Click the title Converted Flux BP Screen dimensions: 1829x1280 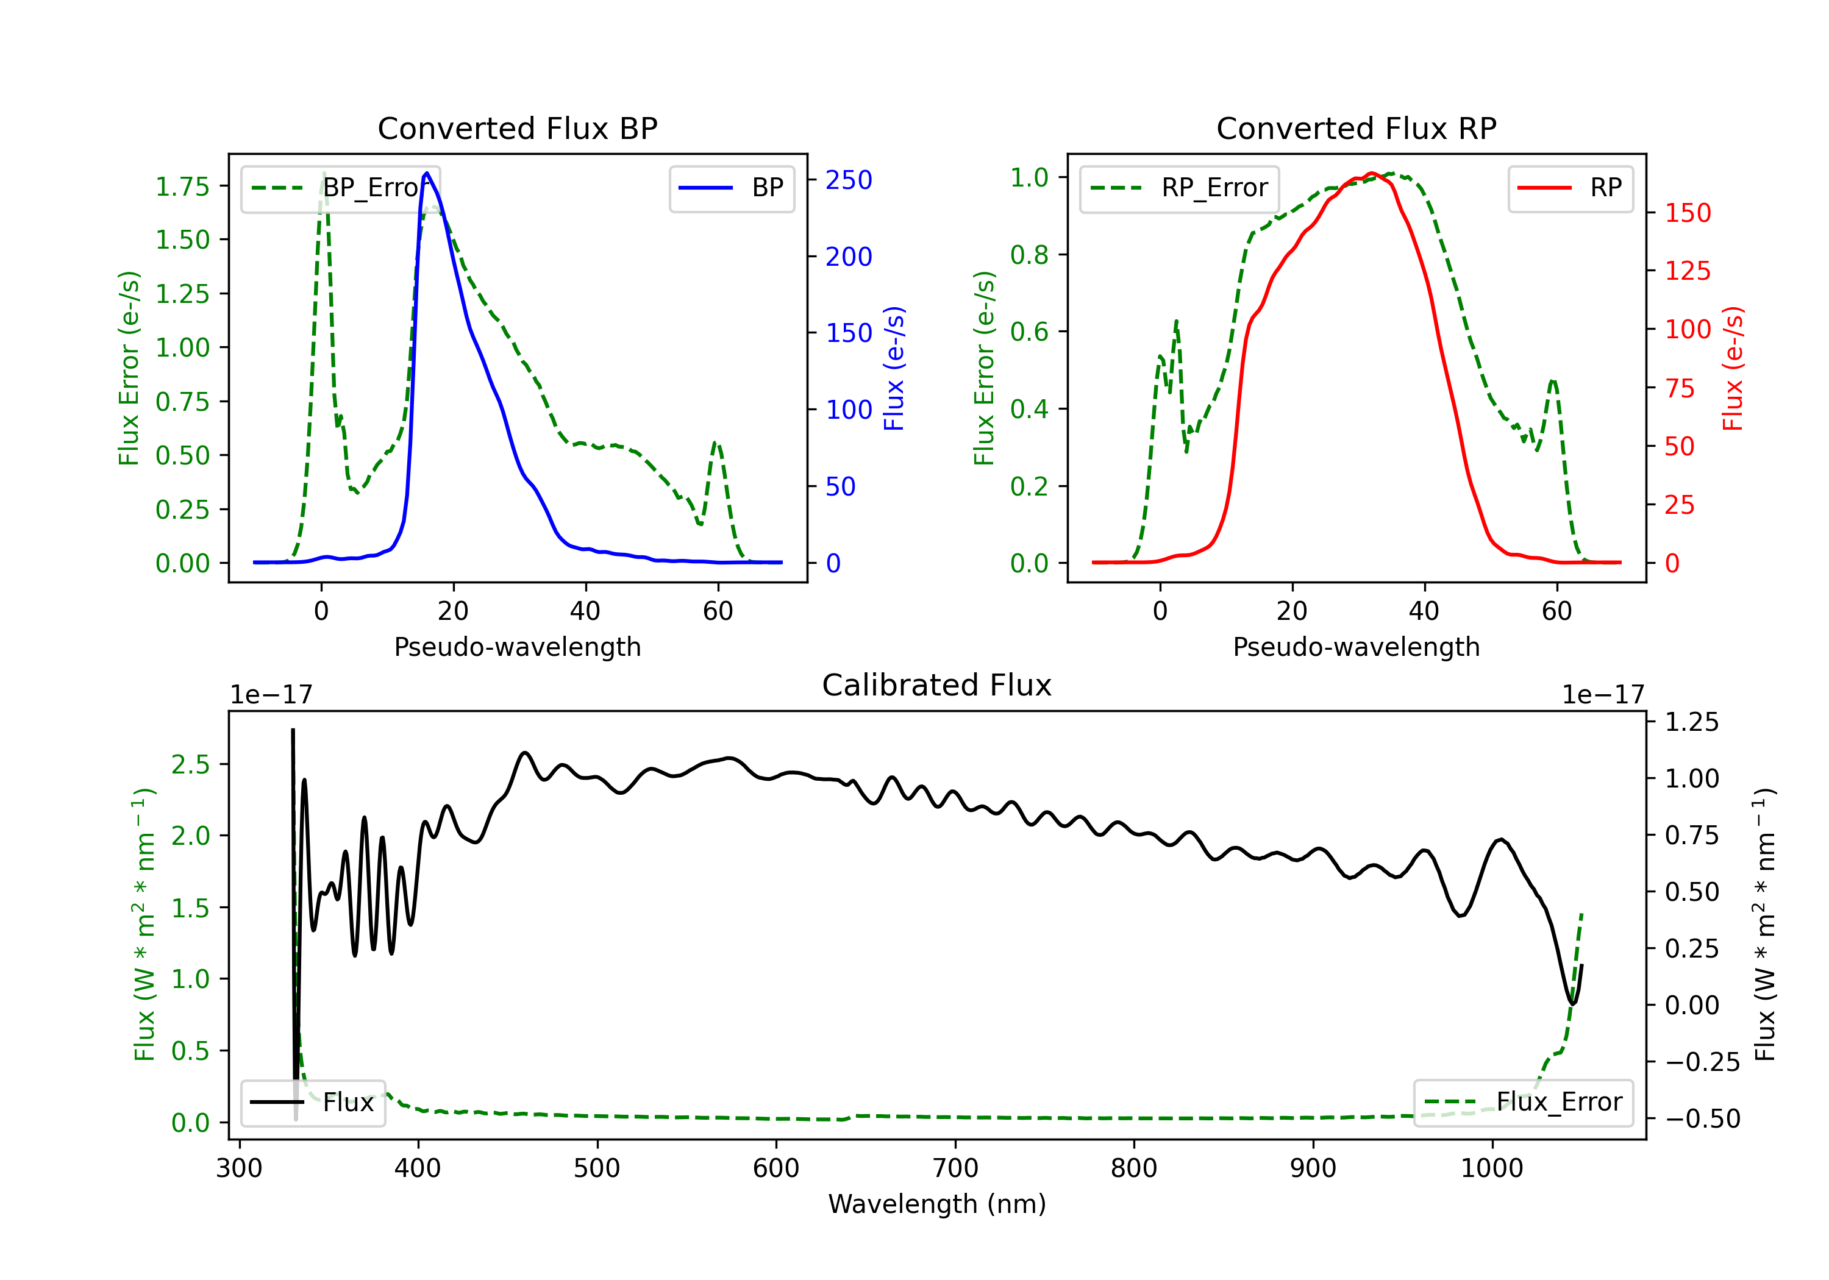(x=517, y=128)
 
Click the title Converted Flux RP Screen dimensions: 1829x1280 (x=1356, y=128)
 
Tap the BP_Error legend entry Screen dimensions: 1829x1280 (x=340, y=188)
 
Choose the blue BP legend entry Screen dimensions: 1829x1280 (x=731, y=188)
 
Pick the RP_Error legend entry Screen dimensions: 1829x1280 (x=1179, y=188)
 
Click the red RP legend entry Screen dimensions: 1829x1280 (x=1570, y=188)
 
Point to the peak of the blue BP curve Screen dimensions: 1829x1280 (x=427, y=173)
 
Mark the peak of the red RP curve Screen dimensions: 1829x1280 (x=1370, y=173)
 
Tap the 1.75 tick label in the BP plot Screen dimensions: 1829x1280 (x=182, y=187)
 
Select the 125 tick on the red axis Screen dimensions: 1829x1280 (x=1688, y=271)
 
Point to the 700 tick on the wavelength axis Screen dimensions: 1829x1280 (x=955, y=1168)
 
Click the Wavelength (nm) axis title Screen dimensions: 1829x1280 (x=937, y=1204)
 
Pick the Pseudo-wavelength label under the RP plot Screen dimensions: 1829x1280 (x=1356, y=647)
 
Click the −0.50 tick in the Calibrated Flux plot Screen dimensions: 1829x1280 (x=1702, y=1118)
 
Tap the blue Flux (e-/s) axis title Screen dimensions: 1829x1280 (x=894, y=368)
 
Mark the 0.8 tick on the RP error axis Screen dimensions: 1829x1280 (x=1029, y=255)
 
